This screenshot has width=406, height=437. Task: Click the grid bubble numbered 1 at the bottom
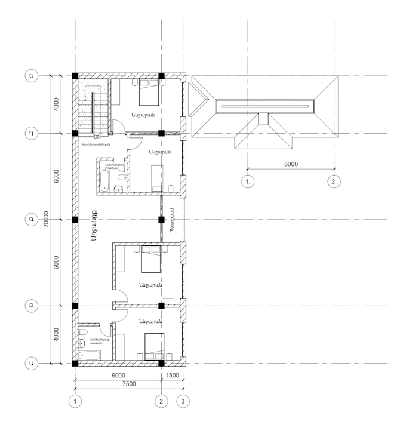coord(75,401)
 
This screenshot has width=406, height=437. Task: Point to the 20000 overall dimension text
coord(47,219)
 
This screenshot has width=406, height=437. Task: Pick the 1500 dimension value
coord(173,375)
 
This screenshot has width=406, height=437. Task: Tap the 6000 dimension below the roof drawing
coord(291,164)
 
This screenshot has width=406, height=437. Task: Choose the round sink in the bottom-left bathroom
coord(81,343)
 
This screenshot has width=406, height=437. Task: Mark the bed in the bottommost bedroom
coord(153,344)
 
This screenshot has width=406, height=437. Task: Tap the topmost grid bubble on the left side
coord(30,76)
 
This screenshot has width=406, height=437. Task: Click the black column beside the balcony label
coord(161,220)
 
